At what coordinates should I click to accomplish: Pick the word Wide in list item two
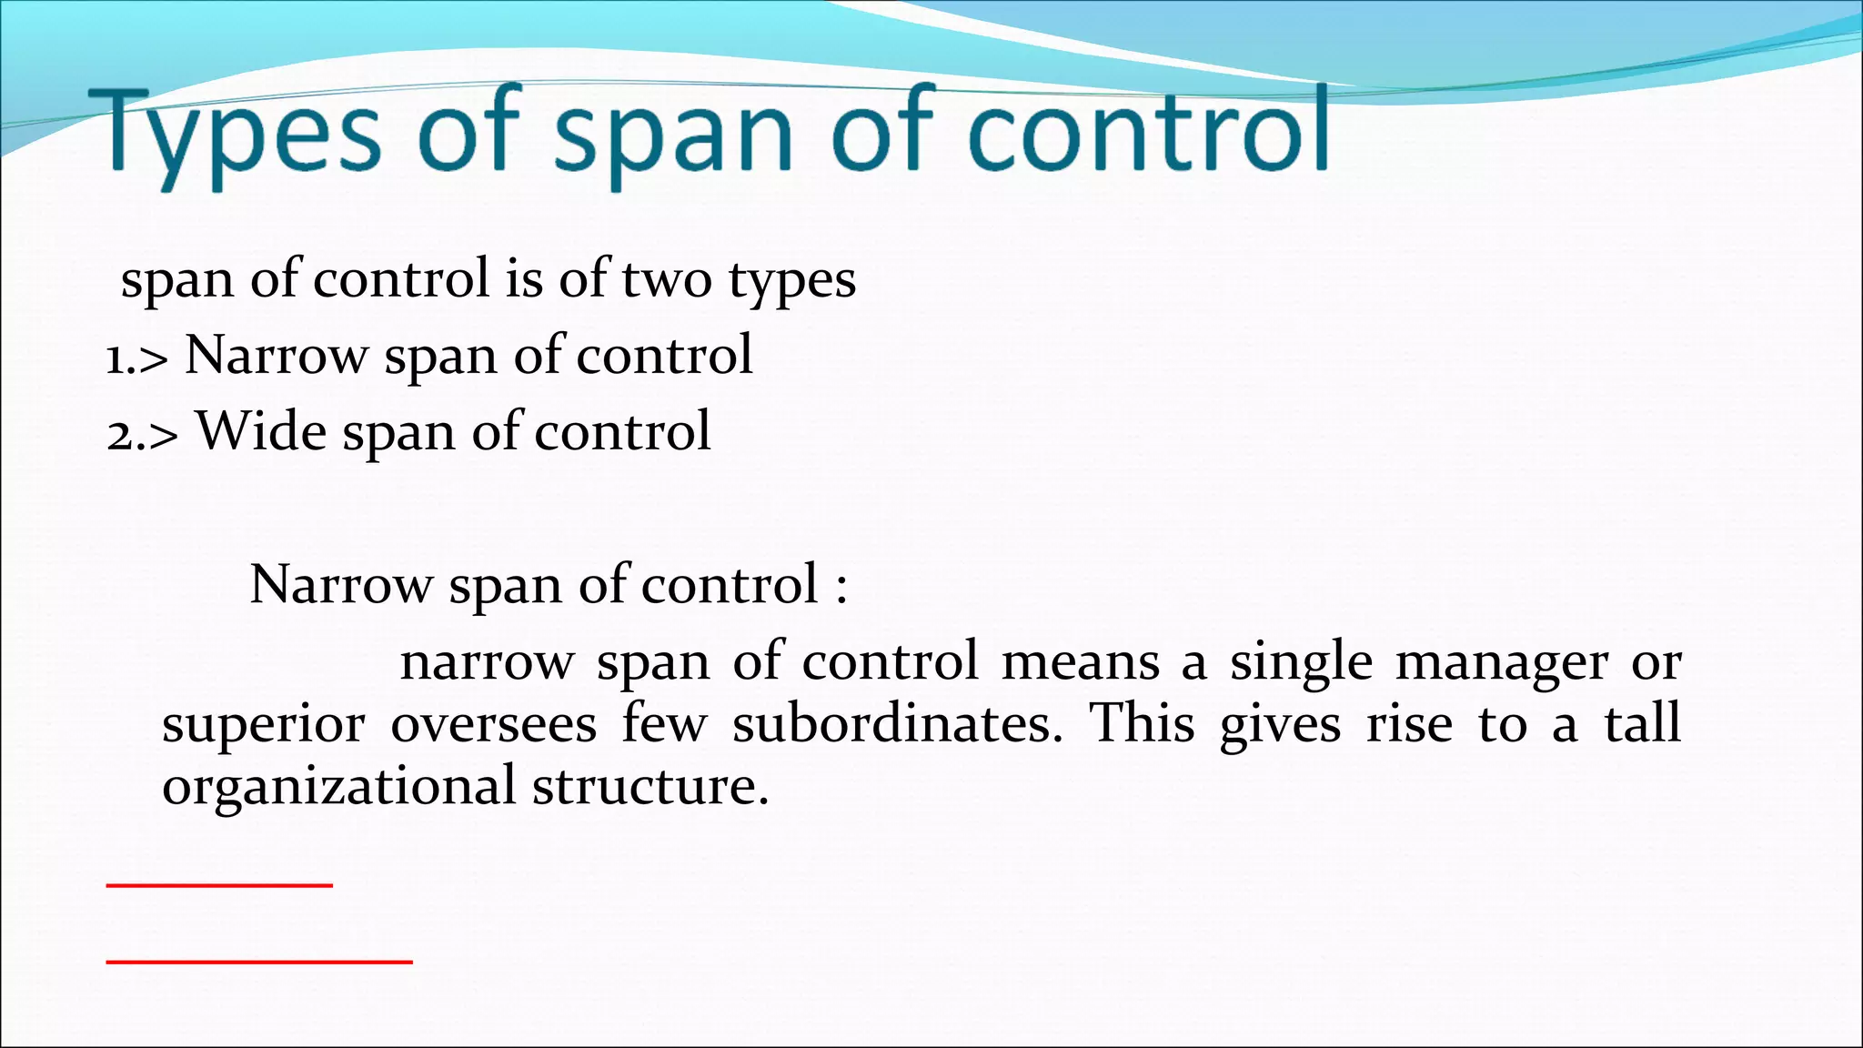[262, 430]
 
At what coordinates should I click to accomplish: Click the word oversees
[494, 725]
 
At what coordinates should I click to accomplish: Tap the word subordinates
[897, 725]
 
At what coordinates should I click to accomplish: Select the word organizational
[338, 787]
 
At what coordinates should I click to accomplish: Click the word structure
[650, 787]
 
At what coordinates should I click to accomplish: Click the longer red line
[259, 961]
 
